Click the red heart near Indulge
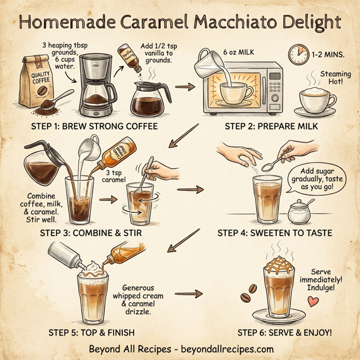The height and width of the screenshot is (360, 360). pos(311,301)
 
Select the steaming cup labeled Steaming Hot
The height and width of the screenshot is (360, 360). pos(317,99)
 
